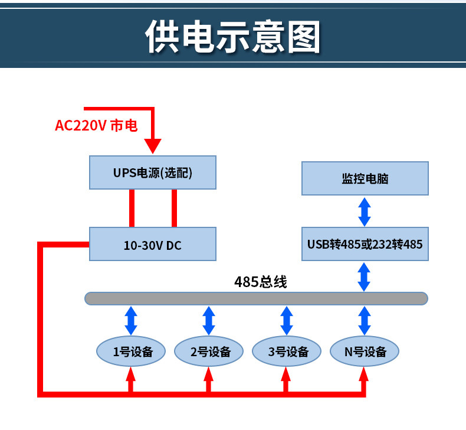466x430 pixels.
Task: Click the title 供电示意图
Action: (233, 37)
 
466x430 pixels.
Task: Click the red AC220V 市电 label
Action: (96, 125)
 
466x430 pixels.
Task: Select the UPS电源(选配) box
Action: (152, 172)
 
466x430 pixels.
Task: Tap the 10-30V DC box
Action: (152, 245)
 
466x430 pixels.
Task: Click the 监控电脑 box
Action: (365, 178)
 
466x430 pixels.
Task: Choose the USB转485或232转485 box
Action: (365, 243)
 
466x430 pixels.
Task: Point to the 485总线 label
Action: (260, 282)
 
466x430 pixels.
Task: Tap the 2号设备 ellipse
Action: (209, 351)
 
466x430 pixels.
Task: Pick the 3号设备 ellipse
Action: (288, 351)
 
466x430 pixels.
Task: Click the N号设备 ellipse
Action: (365, 351)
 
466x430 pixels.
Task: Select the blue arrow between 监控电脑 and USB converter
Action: (365, 211)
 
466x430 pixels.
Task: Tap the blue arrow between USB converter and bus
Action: (365, 276)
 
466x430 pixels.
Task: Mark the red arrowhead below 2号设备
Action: (208, 374)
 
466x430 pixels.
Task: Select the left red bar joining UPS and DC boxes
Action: (133, 208)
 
